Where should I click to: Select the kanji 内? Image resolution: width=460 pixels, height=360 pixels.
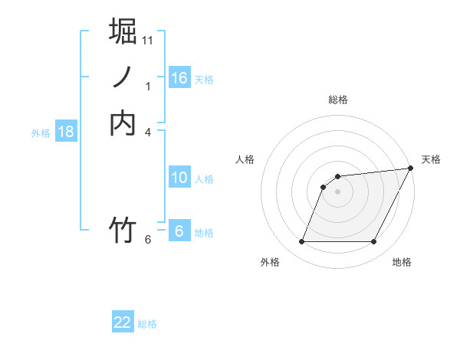tap(123, 123)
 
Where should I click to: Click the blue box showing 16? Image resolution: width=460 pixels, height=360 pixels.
tap(179, 78)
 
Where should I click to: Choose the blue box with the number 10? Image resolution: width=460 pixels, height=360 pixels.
tap(179, 178)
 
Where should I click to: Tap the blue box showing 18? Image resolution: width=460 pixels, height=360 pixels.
tap(66, 132)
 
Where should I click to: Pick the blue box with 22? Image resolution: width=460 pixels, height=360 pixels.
tap(123, 322)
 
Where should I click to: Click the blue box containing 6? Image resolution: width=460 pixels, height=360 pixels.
tap(179, 231)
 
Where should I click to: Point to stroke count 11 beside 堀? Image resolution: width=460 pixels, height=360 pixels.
tap(148, 40)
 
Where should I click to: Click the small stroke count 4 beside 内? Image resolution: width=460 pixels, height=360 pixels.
tap(148, 133)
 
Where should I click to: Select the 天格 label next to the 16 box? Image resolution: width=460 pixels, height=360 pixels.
tap(204, 80)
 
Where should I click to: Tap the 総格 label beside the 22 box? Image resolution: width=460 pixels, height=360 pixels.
tap(147, 324)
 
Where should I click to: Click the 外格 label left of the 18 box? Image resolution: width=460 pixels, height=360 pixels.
tap(41, 133)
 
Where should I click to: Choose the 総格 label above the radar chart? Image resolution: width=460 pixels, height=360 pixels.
tap(338, 100)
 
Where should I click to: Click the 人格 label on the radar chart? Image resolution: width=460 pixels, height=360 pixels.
tap(245, 159)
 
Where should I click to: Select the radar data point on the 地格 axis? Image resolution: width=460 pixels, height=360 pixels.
tap(374, 242)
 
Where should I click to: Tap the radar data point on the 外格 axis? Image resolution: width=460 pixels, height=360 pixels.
tap(301, 242)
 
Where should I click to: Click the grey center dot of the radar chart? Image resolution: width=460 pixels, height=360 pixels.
tap(338, 191)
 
